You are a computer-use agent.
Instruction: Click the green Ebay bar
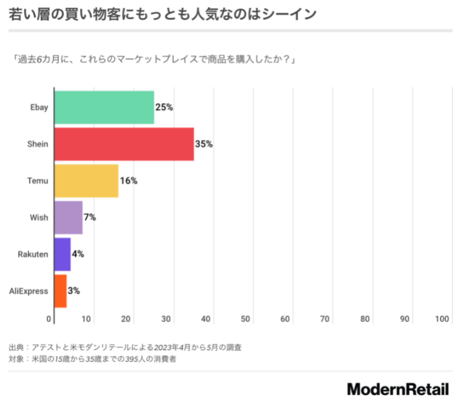(x=104, y=108)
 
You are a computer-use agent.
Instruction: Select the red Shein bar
(x=124, y=144)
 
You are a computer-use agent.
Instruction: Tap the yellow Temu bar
(x=86, y=181)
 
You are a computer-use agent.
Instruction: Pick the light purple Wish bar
(x=68, y=217)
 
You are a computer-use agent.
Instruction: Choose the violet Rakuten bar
(x=62, y=254)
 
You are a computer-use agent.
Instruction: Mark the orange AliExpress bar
(x=60, y=291)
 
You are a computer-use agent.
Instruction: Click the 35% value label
(x=204, y=144)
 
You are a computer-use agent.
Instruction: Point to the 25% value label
(x=164, y=108)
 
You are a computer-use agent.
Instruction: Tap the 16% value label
(x=128, y=181)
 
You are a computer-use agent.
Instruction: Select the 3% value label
(x=74, y=291)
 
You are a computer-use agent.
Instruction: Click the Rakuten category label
(x=33, y=254)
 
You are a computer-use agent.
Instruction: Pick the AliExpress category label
(x=28, y=291)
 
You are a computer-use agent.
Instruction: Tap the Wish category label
(x=39, y=217)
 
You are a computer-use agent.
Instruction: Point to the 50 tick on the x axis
(x=245, y=320)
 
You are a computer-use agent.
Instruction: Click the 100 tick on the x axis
(x=443, y=320)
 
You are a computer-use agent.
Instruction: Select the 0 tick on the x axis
(x=49, y=320)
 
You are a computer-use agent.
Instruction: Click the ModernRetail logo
(x=398, y=389)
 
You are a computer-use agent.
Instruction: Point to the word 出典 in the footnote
(x=16, y=347)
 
